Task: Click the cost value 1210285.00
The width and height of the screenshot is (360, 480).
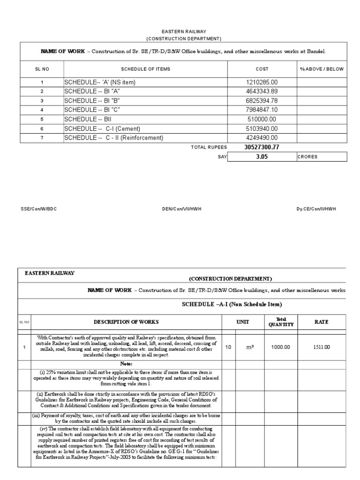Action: point(262,82)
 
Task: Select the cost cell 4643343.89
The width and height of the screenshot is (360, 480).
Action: point(262,91)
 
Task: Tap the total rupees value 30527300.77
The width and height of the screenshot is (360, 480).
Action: point(262,147)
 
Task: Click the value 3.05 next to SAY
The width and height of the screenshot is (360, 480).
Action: point(262,157)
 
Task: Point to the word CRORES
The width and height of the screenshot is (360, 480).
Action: point(307,157)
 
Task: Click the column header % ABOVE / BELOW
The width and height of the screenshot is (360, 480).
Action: point(322,69)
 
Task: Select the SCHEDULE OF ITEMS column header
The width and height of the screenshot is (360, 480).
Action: point(146,69)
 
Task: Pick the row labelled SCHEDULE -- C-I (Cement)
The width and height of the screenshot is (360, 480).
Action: point(102,128)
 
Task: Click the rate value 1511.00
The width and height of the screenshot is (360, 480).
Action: point(322,347)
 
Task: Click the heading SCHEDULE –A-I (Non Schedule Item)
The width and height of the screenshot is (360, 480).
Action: point(232,305)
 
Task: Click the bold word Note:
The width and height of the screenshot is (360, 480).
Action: point(126,364)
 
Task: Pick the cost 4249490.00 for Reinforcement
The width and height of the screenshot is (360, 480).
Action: point(262,138)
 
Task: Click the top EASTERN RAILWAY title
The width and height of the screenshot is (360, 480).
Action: point(183,31)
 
